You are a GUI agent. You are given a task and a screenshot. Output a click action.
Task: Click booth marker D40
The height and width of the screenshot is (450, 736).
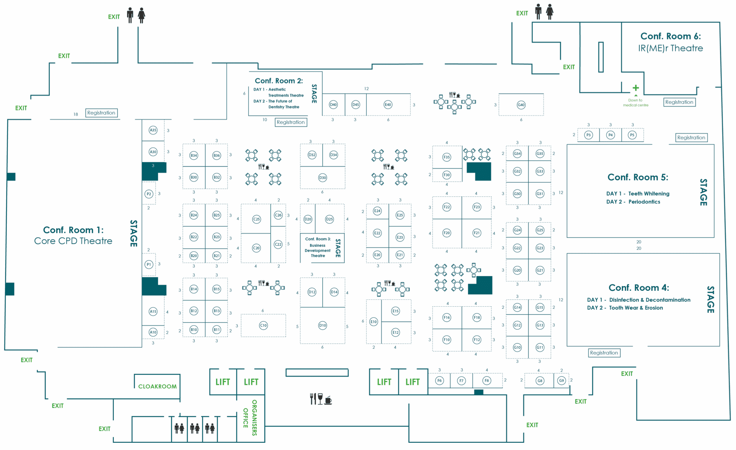pyautogui.click(x=333, y=105)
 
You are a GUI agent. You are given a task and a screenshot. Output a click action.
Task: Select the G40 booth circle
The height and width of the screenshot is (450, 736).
pyautogui.click(x=521, y=105)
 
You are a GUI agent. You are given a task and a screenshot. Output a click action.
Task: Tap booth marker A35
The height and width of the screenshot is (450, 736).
pyautogui.click(x=153, y=130)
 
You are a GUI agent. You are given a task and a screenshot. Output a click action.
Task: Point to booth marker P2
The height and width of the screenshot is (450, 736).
pyautogui.click(x=149, y=194)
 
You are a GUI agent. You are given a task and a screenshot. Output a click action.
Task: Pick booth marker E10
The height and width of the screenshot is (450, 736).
pyautogui.click(x=374, y=322)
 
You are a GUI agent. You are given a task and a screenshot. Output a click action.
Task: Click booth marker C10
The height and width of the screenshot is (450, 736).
pyautogui.click(x=263, y=325)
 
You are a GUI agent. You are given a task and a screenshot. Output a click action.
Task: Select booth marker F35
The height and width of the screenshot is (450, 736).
pyautogui.click(x=447, y=157)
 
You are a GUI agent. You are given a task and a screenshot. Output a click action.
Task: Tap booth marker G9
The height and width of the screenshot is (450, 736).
pyautogui.click(x=561, y=380)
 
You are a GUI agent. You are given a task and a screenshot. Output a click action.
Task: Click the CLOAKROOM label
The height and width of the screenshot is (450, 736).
pyautogui.click(x=157, y=387)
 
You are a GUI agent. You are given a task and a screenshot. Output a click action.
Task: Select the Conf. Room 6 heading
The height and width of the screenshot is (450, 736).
pyautogui.click(x=670, y=36)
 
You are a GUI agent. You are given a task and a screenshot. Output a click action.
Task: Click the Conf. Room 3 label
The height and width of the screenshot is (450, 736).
pyautogui.click(x=318, y=239)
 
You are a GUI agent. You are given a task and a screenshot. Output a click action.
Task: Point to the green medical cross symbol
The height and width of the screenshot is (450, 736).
pyautogui.click(x=636, y=88)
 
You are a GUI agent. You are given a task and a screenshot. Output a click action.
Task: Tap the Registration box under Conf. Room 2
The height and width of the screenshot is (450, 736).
pyautogui.click(x=291, y=122)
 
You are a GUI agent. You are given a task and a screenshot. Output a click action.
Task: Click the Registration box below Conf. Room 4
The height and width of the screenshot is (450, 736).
pyautogui.click(x=604, y=353)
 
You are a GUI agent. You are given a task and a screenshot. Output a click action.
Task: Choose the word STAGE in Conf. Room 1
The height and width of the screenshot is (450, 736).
pyautogui.click(x=134, y=233)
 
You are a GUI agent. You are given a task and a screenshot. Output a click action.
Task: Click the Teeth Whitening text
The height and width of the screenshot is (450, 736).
pyautogui.click(x=648, y=193)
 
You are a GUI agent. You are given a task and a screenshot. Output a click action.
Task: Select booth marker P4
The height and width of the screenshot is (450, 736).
pyautogui.click(x=610, y=135)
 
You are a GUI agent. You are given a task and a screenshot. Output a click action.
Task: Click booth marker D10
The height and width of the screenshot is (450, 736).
pyautogui.click(x=322, y=325)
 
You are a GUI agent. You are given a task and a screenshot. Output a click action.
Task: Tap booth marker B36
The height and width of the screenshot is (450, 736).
pyautogui.click(x=217, y=155)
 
